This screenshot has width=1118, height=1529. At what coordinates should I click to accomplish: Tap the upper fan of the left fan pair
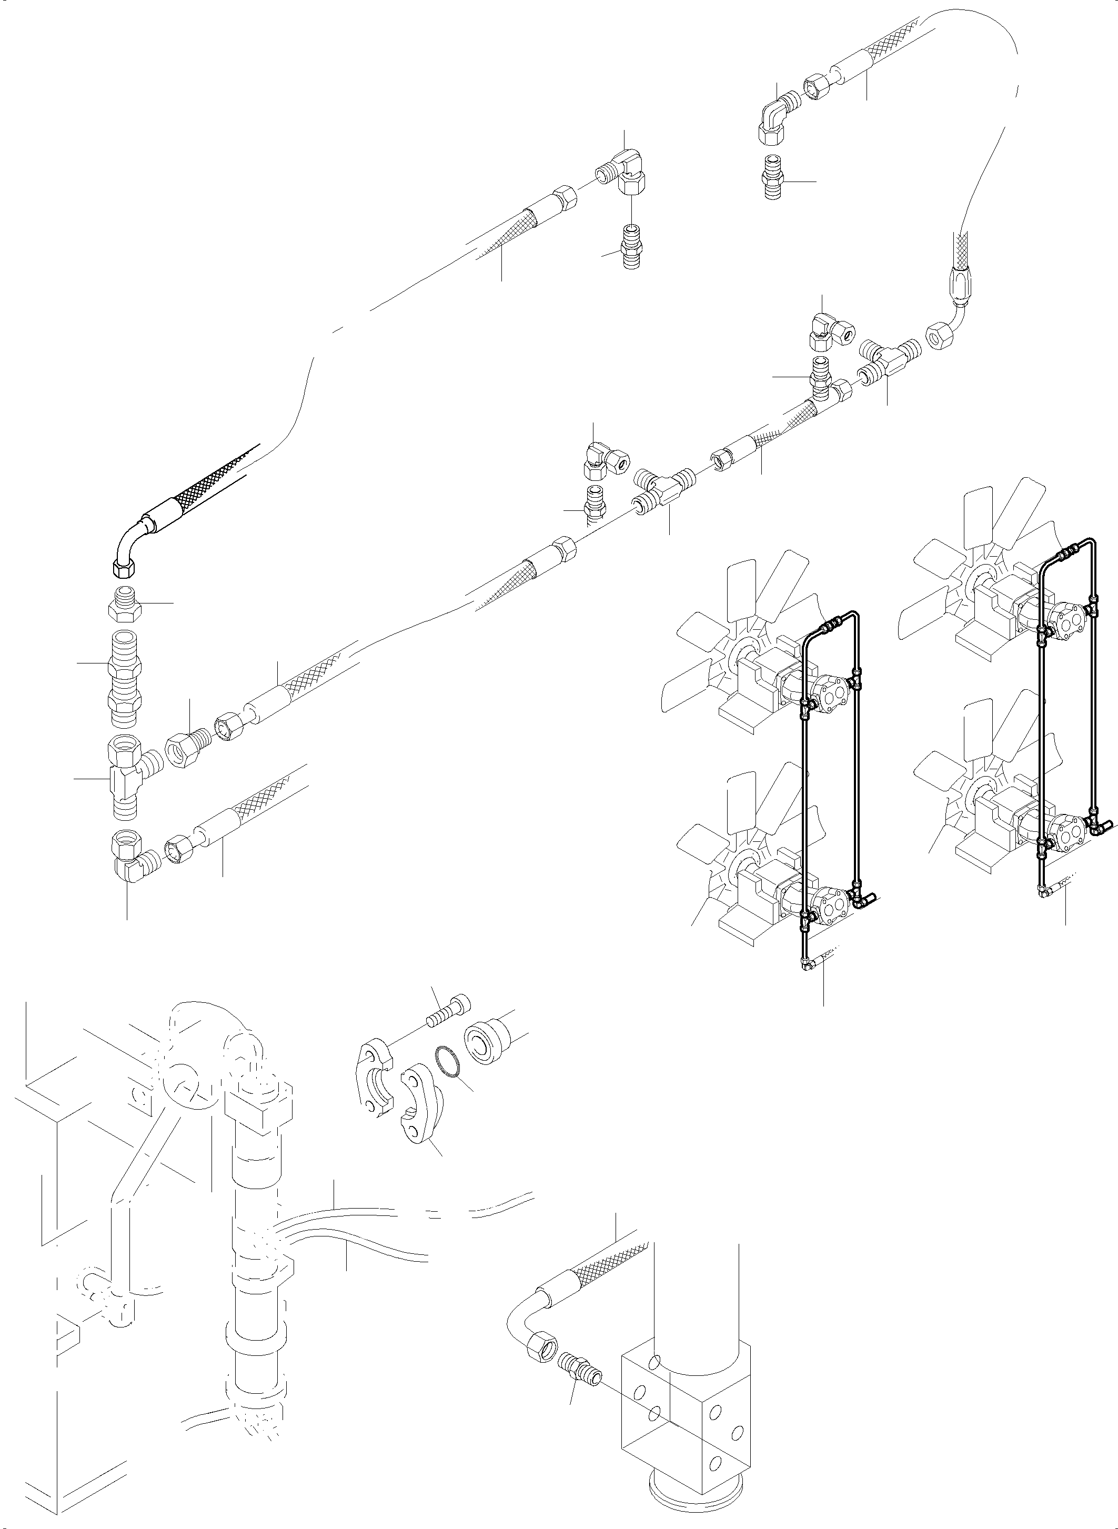[x=738, y=640]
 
